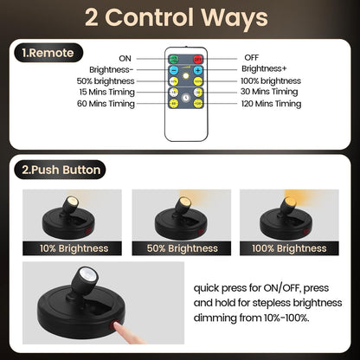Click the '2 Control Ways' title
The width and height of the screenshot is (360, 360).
pyautogui.click(x=179, y=17)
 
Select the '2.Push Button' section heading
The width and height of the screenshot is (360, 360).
pyautogui.click(x=59, y=170)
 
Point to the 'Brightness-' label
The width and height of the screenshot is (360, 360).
pyautogui.click(x=112, y=68)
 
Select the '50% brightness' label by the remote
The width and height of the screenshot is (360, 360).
pyautogui.click(x=105, y=80)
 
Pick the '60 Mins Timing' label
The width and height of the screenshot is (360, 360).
pyautogui.click(x=106, y=104)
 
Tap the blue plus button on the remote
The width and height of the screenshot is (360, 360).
pyautogui.click(x=198, y=69)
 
